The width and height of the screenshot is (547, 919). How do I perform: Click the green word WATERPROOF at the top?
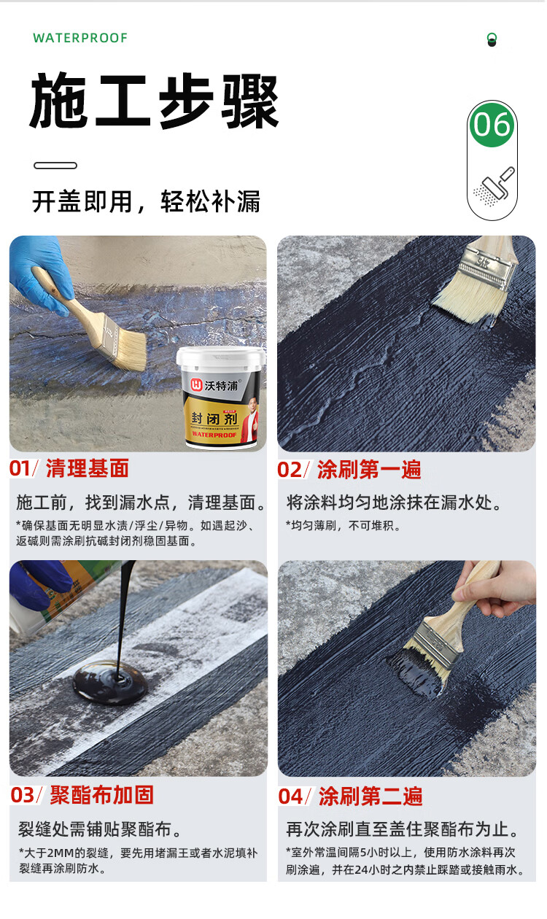[x=80, y=38]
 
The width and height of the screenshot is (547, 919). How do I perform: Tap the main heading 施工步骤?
[x=155, y=101]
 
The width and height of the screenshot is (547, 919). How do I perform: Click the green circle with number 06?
[x=492, y=125]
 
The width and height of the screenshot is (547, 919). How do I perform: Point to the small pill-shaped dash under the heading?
[x=55, y=166]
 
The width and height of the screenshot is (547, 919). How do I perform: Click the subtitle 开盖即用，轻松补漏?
[x=146, y=201]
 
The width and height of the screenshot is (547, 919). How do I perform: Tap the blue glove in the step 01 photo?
[x=39, y=273]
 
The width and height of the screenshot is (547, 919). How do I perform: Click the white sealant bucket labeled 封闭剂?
[x=221, y=397]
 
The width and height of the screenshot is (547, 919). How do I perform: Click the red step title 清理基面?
[x=88, y=468]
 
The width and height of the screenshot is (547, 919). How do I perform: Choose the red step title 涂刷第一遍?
[x=369, y=470]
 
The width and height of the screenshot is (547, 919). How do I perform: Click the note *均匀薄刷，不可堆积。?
[x=343, y=526]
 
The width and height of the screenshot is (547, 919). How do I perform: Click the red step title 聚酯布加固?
[x=102, y=796]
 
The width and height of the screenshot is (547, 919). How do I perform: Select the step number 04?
[x=290, y=796]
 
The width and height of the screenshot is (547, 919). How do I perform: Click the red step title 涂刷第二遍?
[x=371, y=796]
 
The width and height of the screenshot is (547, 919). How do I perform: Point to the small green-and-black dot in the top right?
[x=492, y=39]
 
